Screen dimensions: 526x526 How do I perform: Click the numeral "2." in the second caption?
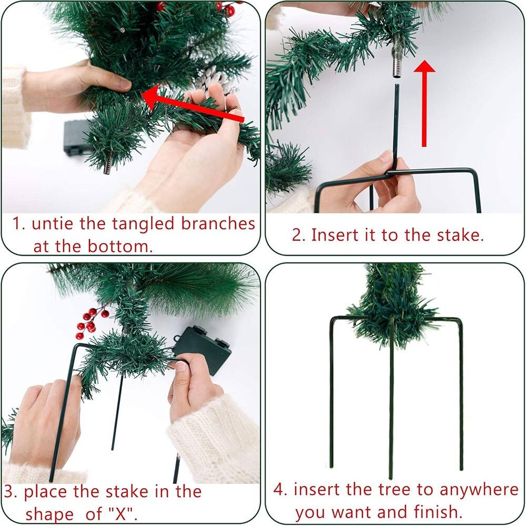click(x=299, y=235)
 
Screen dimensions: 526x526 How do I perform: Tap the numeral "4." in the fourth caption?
click(x=281, y=490)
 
